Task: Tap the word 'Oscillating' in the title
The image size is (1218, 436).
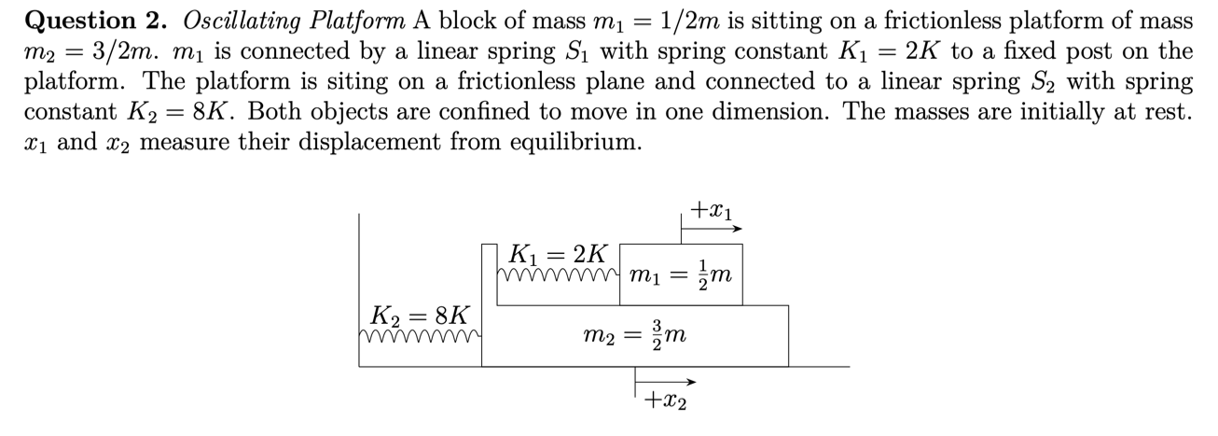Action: tap(231, 19)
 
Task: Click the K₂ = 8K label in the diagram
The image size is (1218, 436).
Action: tap(420, 313)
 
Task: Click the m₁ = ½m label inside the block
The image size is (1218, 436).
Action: tap(681, 274)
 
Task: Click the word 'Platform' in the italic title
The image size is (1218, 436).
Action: tap(357, 19)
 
